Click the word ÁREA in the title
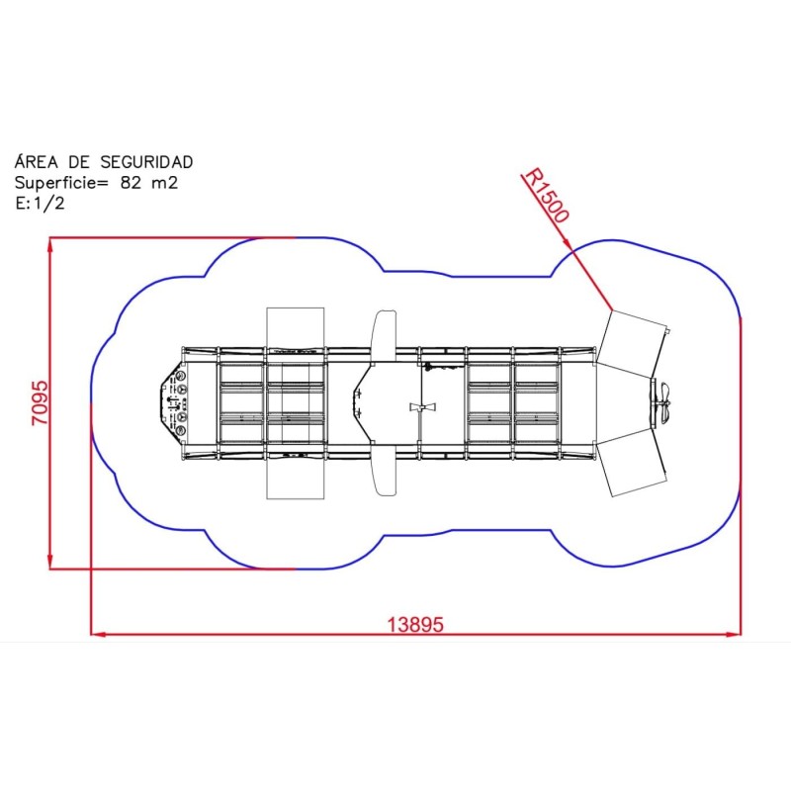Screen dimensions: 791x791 point(37,161)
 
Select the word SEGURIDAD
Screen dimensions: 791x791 point(146,162)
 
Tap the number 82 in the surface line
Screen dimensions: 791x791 point(132,182)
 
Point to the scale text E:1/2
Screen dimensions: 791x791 point(40,203)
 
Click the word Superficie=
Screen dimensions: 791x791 point(61,183)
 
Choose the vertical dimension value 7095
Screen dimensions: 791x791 point(41,402)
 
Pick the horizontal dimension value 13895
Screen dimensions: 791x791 point(415,625)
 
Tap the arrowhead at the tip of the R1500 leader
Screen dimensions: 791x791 point(568,243)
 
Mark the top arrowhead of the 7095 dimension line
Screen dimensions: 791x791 point(50,244)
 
